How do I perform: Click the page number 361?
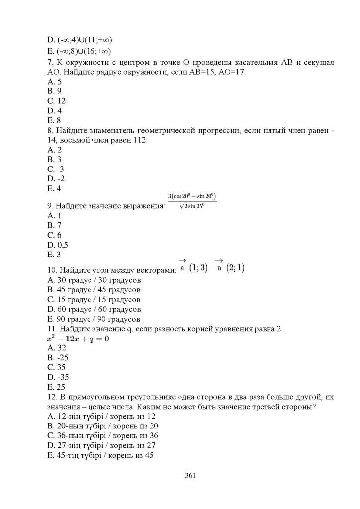click(x=190, y=475)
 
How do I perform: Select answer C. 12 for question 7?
click(x=56, y=101)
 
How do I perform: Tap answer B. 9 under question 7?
click(x=54, y=91)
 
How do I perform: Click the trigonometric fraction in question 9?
click(x=192, y=201)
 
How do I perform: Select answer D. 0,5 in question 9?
click(x=57, y=245)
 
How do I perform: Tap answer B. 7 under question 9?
click(x=54, y=225)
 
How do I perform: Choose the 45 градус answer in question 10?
click(x=93, y=290)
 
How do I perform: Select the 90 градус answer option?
click(x=93, y=319)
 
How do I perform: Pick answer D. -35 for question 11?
click(x=57, y=377)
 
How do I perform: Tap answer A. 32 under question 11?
click(x=56, y=348)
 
